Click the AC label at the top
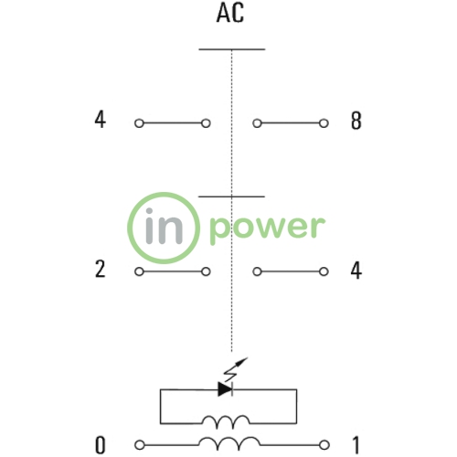230,14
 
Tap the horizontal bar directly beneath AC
232,49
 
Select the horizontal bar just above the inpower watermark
231,197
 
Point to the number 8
356,121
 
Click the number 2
101,269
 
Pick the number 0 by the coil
101,445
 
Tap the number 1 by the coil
356,445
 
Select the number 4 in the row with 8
101,120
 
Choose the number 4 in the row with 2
356,271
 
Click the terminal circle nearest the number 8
324,123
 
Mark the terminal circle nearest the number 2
139,271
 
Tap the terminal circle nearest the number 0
140,445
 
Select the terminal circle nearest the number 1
324,445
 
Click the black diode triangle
225,389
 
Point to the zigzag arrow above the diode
236,369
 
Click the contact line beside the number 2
173,271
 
